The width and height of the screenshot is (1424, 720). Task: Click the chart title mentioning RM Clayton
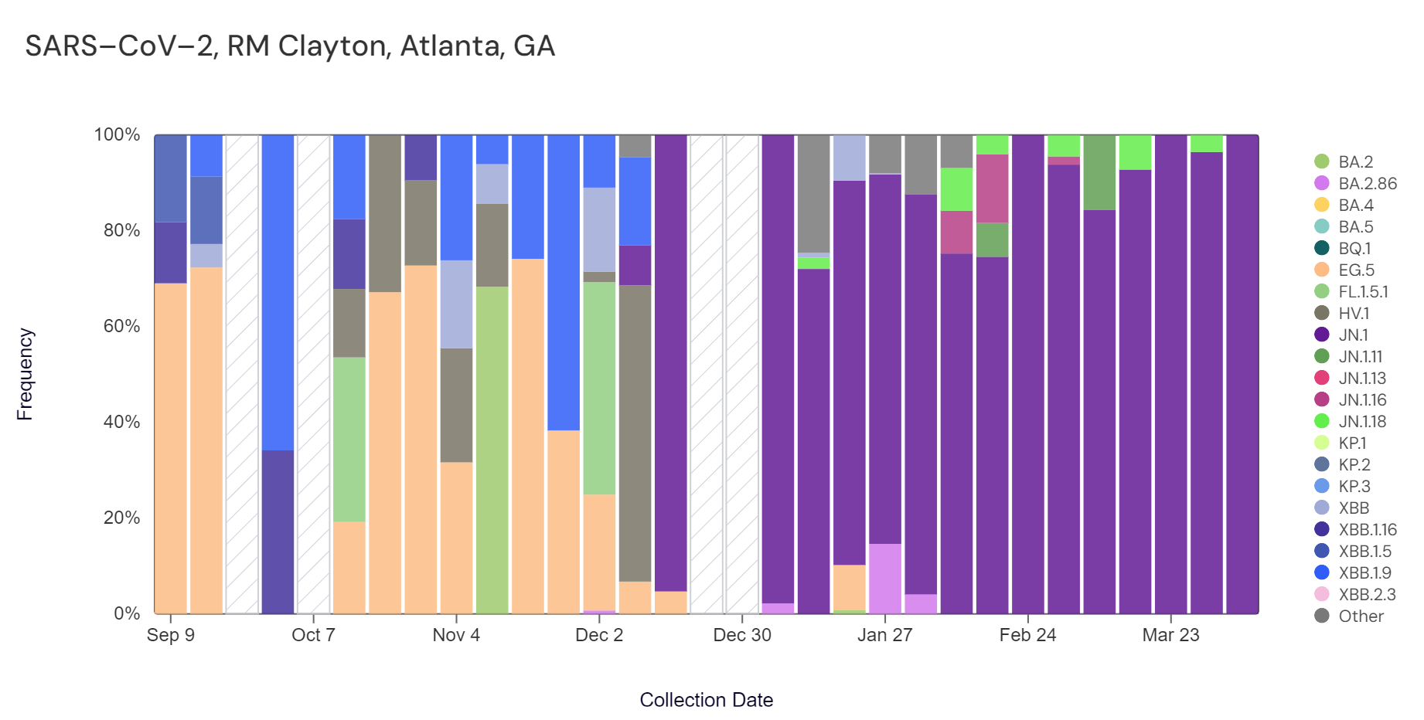click(x=290, y=46)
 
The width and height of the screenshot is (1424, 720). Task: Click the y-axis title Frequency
click(x=25, y=374)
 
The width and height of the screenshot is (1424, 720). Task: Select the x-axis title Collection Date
click(x=706, y=700)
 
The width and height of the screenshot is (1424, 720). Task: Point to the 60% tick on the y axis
click(x=121, y=326)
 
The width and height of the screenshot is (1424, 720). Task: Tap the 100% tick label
click(x=117, y=134)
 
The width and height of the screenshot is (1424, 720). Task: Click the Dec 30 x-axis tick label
click(x=742, y=635)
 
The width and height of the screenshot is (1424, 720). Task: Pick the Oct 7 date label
click(x=313, y=635)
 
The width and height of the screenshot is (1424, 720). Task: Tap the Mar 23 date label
click(x=1170, y=635)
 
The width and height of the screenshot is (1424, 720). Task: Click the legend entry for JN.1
click(x=1353, y=335)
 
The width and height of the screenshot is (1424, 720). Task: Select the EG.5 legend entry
click(x=1356, y=270)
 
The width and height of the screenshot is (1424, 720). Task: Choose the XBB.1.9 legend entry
click(x=1364, y=573)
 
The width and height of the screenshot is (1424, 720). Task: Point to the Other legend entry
click(x=1361, y=616)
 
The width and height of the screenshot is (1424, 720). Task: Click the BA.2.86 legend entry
click(x=1367, y=184)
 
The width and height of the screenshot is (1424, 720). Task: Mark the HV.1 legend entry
click(x=1354, y=314)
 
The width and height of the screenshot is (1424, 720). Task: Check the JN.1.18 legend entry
click(x=1362, y=422)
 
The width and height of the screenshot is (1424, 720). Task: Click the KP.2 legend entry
click(x=1354, y=465)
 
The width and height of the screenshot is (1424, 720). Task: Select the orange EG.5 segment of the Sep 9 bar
click(x=171, y=448)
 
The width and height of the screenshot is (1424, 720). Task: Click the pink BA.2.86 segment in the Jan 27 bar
click(x=885, y=579)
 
